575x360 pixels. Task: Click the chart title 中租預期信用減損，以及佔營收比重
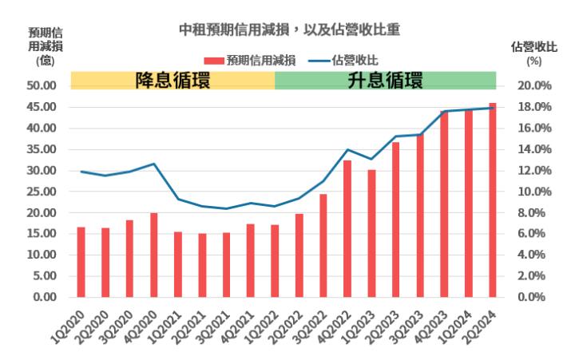tap(288, 30)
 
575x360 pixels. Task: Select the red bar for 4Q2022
tap(347, 228)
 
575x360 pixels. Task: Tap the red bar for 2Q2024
tap(493, 200)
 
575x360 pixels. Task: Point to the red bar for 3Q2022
tap(323, 245)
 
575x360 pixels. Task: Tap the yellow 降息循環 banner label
tap(172, 80)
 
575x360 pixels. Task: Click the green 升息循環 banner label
tap(385, 80)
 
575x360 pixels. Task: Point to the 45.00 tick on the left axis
tap(39, 107)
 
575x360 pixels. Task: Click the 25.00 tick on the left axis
tap(39, 192)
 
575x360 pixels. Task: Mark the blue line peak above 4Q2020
tap(153, 164)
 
